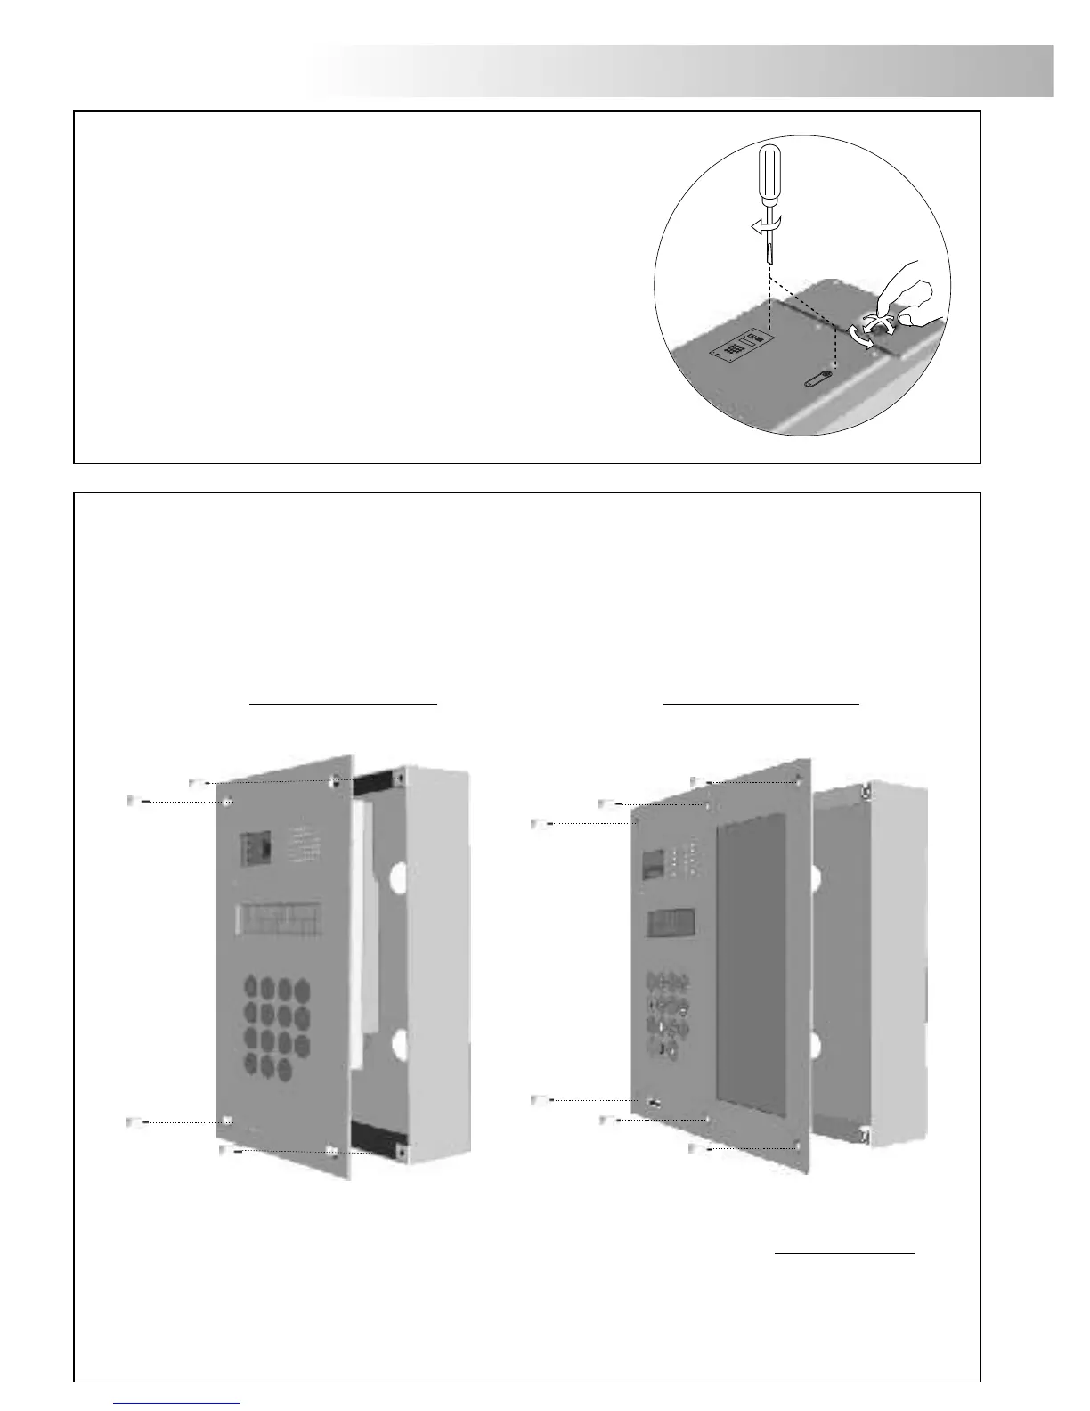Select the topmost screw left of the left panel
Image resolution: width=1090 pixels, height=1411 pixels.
199,783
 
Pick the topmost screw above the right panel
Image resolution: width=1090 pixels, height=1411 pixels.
698,782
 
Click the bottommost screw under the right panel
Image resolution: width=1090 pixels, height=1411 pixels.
698,1150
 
